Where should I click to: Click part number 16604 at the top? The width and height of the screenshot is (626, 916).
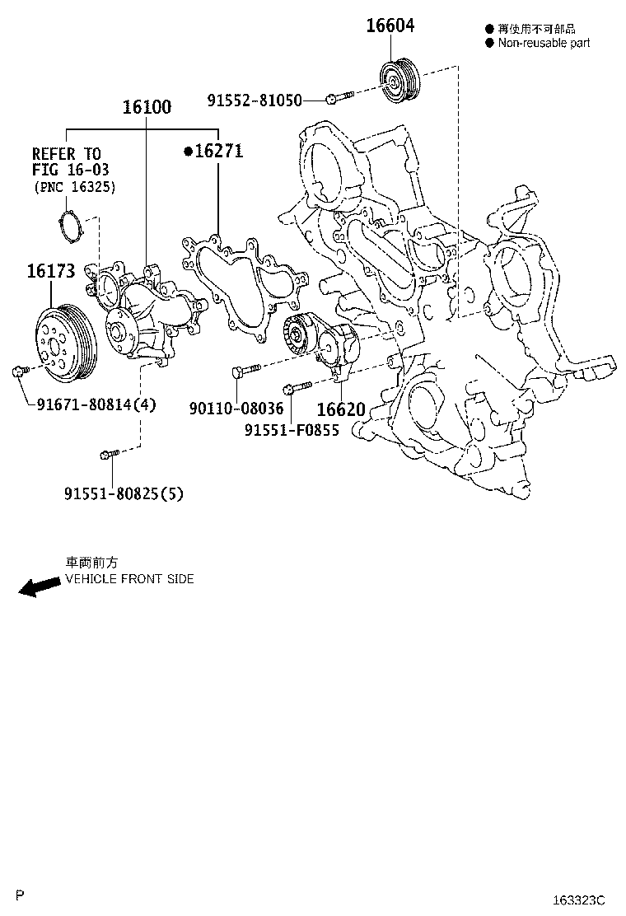[x=390, y=26]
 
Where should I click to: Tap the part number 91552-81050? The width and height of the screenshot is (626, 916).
[x=255, y=100]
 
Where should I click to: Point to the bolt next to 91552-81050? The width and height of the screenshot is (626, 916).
[x=339, y=99]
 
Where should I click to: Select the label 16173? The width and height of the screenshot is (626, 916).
[x=51, y=270]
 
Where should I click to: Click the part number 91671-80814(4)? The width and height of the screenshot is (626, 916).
[x=96, y=404]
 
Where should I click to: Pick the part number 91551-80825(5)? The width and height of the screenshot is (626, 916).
[x=124, y=493]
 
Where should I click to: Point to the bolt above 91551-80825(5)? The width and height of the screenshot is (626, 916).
[x=110, y=453]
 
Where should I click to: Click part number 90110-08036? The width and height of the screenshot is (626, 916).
[x=236, y=409]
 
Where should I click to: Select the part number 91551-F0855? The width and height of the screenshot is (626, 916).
[x=291, y=429]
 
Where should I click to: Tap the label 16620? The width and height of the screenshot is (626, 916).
[x=341, y=409]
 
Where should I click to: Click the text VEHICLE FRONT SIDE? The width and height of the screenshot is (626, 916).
[x=129, y=579]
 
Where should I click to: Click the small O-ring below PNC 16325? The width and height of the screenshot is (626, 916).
[x=72, y=226]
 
